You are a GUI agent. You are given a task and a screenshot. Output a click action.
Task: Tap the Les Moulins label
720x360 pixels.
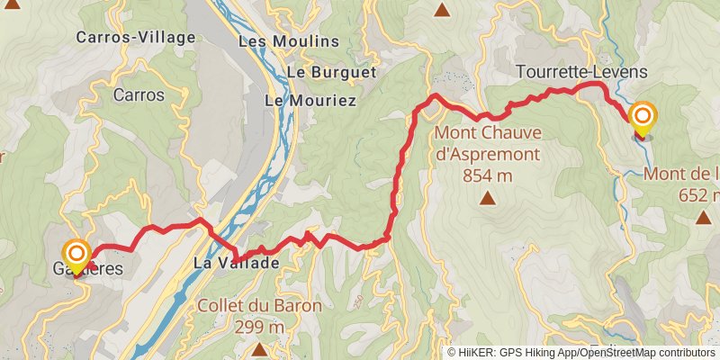tap(289, 41)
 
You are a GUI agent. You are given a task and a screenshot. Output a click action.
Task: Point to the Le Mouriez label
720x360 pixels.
tap(310, 101)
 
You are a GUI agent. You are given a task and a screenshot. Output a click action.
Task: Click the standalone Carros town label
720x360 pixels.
tap(139, 94)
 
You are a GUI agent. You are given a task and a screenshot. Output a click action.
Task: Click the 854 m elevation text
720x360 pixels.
tap(487, 176)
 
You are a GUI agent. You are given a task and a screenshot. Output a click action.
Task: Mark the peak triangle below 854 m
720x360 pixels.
tap(487, 199)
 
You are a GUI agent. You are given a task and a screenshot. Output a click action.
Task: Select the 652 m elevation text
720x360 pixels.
tap(702, 194)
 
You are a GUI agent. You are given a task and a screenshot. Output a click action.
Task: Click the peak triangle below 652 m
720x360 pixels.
tap(703, 217)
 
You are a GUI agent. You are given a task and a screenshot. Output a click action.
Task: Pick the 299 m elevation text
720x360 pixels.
tap(258, 327)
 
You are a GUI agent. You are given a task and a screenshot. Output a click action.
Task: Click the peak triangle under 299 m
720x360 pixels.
tap(259, 348)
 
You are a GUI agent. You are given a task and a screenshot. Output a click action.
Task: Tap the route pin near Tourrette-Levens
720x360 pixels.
tap(643, 118)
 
